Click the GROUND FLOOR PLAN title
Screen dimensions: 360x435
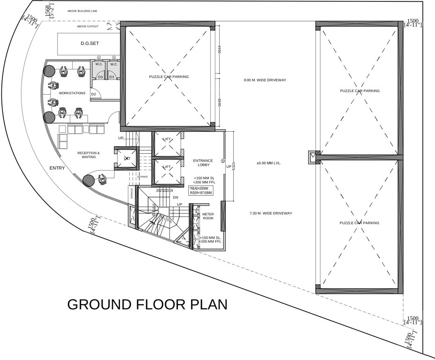click(x=147, y=304)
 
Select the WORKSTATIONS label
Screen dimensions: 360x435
click(x=72, y=93)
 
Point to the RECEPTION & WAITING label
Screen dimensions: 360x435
click(x=88, y=155)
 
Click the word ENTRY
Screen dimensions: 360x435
click(x=57, y=168)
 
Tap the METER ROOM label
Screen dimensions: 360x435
click(x=207, y=217)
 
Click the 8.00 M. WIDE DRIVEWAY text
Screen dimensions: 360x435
click(x=265, y=80)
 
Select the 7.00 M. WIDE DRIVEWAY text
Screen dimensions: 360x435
click(x=271, y=213)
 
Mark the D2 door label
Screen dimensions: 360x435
click(x=94, y=95)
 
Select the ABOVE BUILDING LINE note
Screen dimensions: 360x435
click(x=82, y=10)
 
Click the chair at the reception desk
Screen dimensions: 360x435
click(x=102, y=179)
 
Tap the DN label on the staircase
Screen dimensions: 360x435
click(x=176, y=198)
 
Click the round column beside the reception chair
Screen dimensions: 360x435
click(x=88, y=180)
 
